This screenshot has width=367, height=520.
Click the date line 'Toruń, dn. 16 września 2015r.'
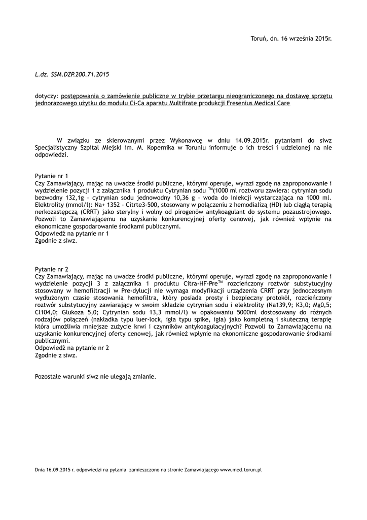[x=291, y=38]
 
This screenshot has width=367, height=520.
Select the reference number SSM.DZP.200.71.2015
[x=80, y=74]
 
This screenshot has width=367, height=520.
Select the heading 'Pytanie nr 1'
[x=51, y=175]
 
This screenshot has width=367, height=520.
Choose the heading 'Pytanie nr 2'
[x=51, y=268]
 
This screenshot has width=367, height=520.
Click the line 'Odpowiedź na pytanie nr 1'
[x=71, y=234]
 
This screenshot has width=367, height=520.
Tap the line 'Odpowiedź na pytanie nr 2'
[x=71, y=348]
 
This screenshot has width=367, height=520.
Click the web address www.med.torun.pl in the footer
[x=240, y=470]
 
